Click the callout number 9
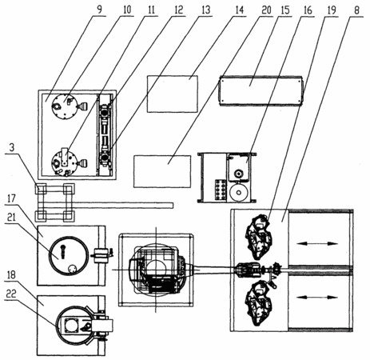coord(99,10)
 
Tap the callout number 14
coord(239,10)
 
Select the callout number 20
coord(266,10)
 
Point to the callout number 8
coord(357,10)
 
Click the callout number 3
coord(12,148)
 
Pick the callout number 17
coord(11,198)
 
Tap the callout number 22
coord(11,294)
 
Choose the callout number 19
coord(332,10)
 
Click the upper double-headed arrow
coord(317,243)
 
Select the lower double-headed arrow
coord(317,297)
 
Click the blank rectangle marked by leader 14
coord(173,94)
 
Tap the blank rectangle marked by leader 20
coord(162,171)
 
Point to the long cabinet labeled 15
coord(261,90)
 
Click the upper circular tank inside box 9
coord(65,106)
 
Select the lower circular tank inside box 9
coord(65,162)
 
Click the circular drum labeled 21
coord(69,255)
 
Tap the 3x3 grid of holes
coord(221,190)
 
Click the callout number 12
coord(179,10)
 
